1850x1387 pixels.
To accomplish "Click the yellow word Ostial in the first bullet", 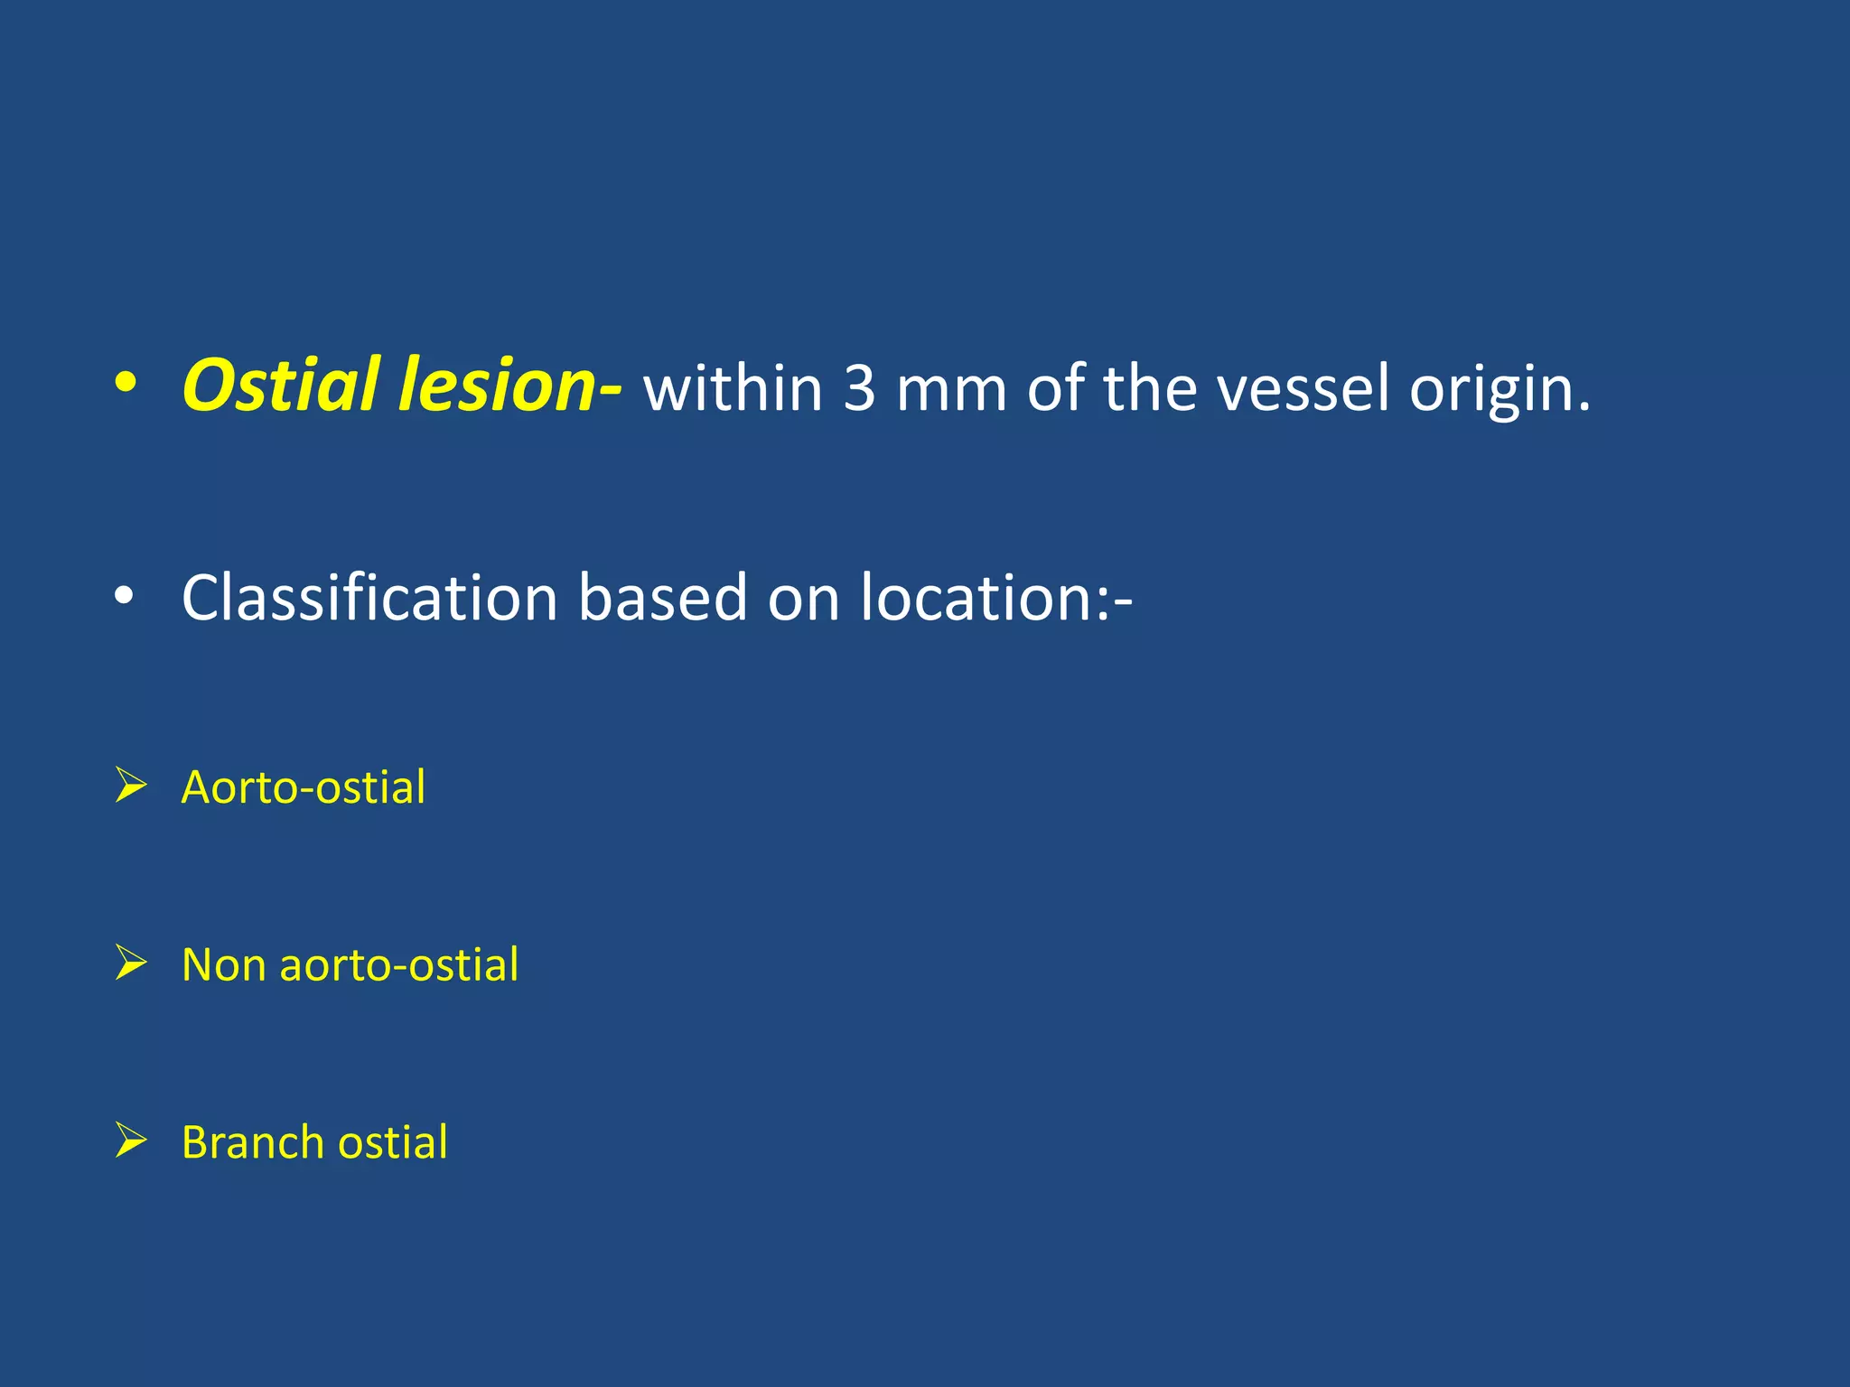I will (281, 386).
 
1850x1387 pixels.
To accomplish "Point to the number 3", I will (859, 389).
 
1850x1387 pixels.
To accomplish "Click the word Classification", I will (369, 598).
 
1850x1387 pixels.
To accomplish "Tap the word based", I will (662, 598).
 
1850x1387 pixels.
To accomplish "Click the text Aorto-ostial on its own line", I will (304, 787).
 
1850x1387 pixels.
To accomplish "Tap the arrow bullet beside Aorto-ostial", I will (131, 785).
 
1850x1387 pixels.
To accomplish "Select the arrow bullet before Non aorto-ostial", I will (131, 963).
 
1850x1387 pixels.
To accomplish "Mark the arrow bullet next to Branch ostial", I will (131, 1140).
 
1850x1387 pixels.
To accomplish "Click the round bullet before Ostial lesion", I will (126, 385).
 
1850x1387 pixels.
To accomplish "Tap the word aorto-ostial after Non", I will (399, 965).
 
